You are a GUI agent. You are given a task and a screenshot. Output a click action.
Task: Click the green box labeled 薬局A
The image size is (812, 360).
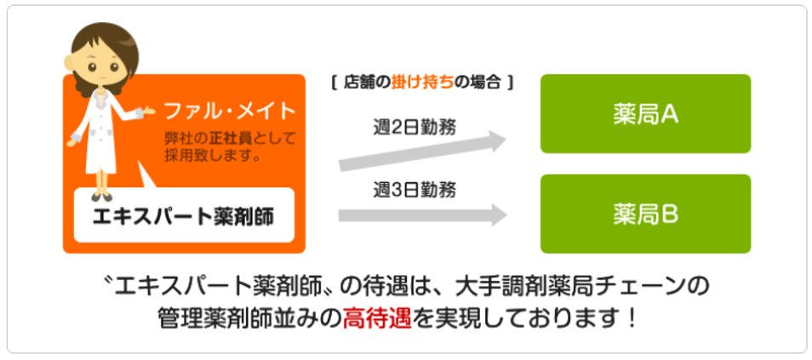[645, 114]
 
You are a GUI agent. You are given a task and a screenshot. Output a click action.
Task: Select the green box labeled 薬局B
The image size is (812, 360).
[645, 214]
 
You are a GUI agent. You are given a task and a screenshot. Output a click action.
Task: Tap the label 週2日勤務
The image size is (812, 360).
[415, 127]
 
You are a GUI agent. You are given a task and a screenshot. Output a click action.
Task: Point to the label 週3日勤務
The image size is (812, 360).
[415, 190]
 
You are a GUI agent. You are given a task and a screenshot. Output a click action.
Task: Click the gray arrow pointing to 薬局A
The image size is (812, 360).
[422, 151]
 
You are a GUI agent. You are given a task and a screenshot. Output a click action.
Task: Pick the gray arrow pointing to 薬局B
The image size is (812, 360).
[422, 214]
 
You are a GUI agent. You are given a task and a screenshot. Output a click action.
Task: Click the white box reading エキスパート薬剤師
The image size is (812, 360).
[184, 214]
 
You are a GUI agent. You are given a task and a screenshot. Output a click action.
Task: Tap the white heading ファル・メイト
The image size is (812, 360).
[230, 111]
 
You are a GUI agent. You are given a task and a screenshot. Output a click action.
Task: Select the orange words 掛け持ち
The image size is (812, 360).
[422, 83]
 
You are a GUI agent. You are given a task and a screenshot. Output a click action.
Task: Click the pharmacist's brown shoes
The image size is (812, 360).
[101, 197]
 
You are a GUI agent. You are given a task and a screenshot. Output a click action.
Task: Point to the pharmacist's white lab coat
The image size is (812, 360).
[102, 132]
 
